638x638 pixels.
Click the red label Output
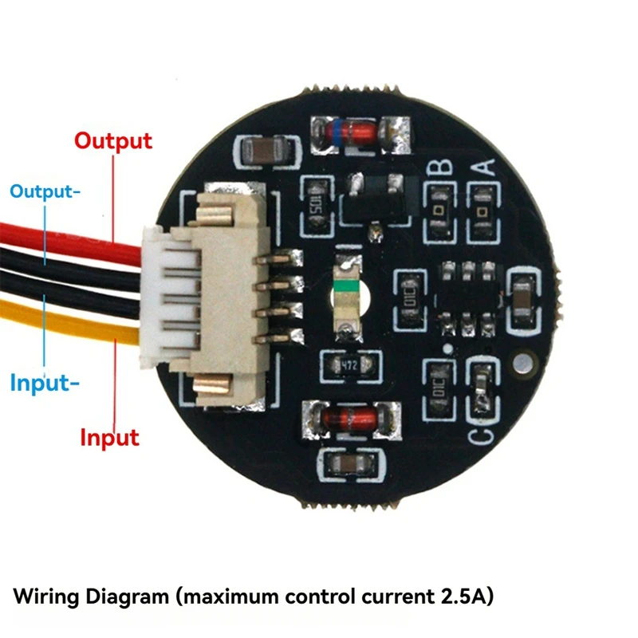112,141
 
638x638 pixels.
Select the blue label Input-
45,383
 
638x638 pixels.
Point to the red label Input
109,437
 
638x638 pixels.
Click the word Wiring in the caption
50,596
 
